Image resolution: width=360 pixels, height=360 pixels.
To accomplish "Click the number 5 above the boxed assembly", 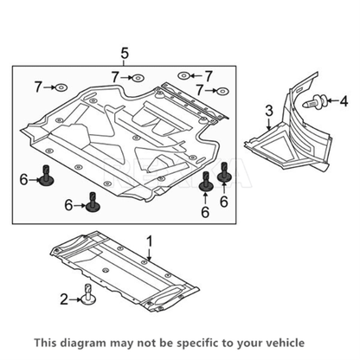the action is (x=125, y=54).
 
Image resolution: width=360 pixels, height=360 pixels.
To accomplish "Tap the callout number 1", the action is (x=150, y=241).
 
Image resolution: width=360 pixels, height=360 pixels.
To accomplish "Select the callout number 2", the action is (x=64, y=299).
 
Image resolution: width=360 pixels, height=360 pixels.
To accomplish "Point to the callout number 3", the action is (x=269, y=111).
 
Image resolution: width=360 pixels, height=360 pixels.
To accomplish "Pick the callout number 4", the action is (x=344, y=100).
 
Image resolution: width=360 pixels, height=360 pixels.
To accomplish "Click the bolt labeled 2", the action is (x=88, y=294).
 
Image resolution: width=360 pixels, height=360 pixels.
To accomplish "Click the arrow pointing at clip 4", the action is (x=332, y=100).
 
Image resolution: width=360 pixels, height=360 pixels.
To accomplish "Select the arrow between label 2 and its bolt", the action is (x=75, y=300).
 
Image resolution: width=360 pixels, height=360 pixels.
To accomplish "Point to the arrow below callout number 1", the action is (x=149, y=254).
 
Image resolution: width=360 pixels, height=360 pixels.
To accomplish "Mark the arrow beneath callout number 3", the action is (x=269, y=124).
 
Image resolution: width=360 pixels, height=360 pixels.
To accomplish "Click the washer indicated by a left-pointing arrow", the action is (x=183, y=76).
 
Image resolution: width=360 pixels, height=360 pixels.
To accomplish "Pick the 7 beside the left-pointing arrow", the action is (x=208, y=76).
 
